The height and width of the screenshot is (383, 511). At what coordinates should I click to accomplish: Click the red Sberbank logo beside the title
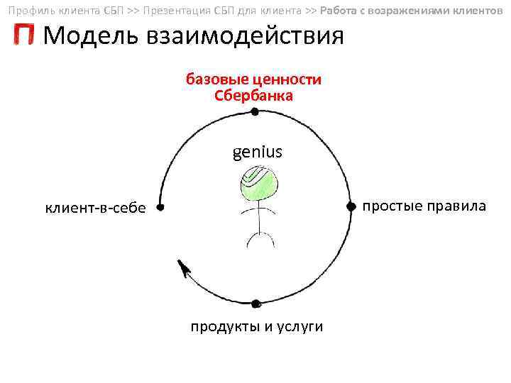click(x=23, y=35)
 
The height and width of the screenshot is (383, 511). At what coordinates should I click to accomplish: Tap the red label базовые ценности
click(x=253, y=79)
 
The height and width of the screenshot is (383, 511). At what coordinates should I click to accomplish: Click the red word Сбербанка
click(x=253, y=96)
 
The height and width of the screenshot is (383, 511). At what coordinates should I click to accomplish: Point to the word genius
click(x=257, y=151)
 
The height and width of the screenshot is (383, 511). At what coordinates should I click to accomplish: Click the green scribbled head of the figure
click(x=257, y=182)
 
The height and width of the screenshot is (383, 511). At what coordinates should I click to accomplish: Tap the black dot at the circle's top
click(x=255, y=111)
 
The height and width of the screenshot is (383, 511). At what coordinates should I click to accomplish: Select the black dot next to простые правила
click(x=351, y=206)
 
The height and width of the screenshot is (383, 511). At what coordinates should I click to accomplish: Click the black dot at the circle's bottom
click(x=255, y=303)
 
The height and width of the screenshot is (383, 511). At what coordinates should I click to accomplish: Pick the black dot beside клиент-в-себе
click(x=160, y=208)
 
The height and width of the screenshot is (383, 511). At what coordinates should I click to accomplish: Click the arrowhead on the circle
click(x=184, y=268)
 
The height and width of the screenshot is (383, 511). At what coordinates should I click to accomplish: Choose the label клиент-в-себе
click(x=95, y=208)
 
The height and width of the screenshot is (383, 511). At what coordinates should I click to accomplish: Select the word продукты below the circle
click(x=222, y=327)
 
